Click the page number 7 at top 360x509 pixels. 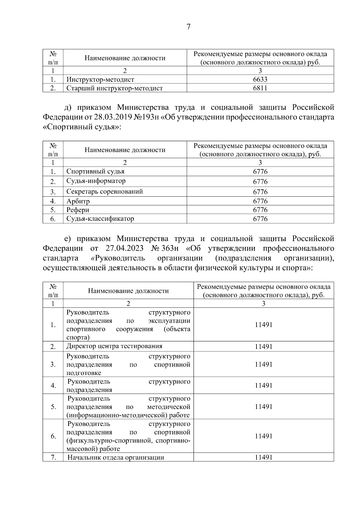pos(188,27)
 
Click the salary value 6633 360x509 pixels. pos(260,79)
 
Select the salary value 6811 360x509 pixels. pos(260,88)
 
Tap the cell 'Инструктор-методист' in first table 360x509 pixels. pos(100,80)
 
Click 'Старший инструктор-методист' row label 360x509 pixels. pos(115,88)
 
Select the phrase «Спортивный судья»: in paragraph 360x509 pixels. pos(82,127)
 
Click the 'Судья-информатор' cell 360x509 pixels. pos(96,181)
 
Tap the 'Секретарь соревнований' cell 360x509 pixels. pos(104,192)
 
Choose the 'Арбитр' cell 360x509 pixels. pos(78,201)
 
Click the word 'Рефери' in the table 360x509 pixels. pos(78,210)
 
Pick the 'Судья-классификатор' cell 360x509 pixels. pos(100,219)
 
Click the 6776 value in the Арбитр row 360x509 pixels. pos(260,201)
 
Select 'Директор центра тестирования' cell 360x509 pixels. pos(114,346)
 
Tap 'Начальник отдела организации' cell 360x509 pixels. pos(115,457)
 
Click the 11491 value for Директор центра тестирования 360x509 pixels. pos(263,347)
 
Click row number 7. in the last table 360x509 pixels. pos(53,457)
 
